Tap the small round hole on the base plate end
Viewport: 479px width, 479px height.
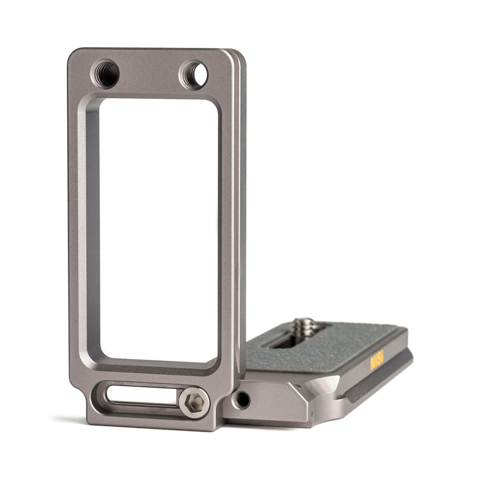pos(241,399)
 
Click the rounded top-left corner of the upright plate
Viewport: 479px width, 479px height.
pos(74,54)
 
